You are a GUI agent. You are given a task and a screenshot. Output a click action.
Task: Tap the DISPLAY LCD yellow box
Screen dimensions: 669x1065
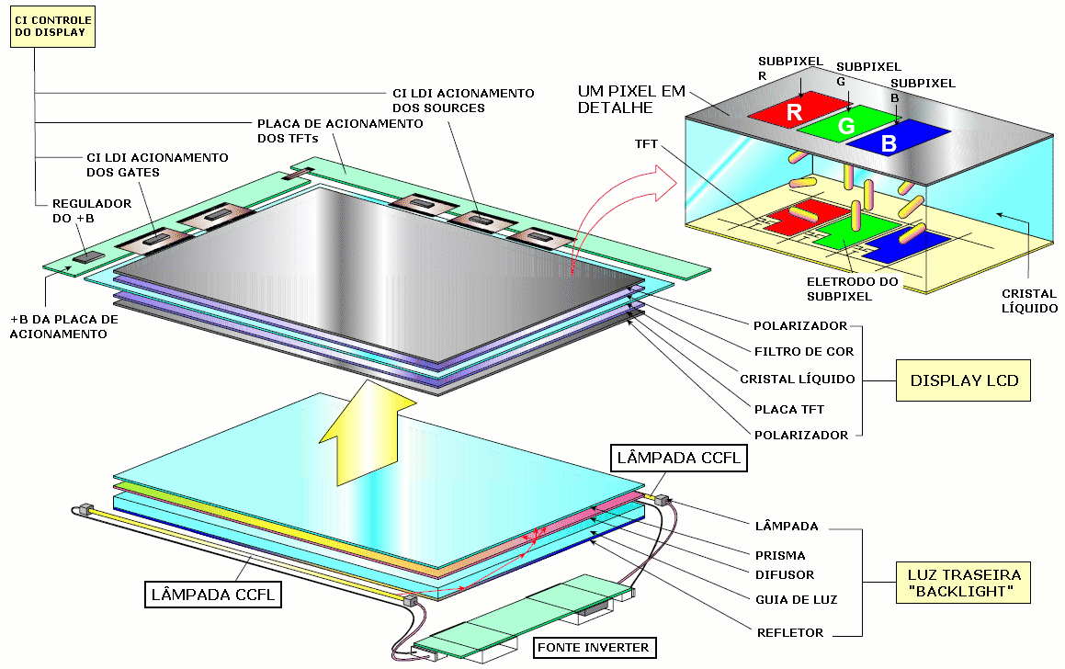[x=963, y=380]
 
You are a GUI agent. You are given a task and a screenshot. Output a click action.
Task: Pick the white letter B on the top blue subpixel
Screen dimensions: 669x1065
[x=888, y=143]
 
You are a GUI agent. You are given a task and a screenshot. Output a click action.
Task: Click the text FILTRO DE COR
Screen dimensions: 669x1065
[x=803, y=351]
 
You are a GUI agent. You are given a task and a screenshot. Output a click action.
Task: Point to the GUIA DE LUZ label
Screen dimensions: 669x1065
[x=794, y=599]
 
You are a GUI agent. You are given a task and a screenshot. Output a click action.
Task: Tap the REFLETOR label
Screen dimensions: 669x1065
[x=790, y=632]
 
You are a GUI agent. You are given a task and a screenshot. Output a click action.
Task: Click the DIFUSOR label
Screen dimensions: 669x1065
[x=784, y=575]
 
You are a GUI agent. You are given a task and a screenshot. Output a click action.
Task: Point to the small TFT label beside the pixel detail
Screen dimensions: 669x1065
[x=646, y=144]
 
